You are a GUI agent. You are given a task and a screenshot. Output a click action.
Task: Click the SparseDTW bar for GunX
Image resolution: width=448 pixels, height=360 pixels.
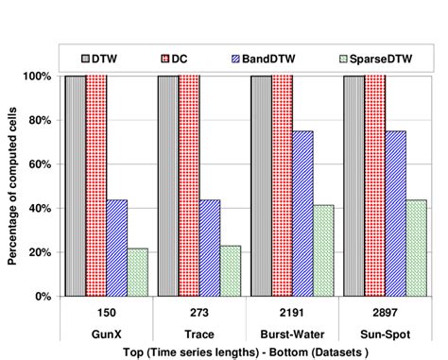pos(138,272)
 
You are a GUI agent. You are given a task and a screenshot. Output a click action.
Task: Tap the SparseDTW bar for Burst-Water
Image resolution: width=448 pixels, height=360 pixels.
pos(323,250)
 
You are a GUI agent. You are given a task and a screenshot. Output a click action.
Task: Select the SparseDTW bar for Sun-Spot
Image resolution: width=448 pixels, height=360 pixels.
pos(416,248)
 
